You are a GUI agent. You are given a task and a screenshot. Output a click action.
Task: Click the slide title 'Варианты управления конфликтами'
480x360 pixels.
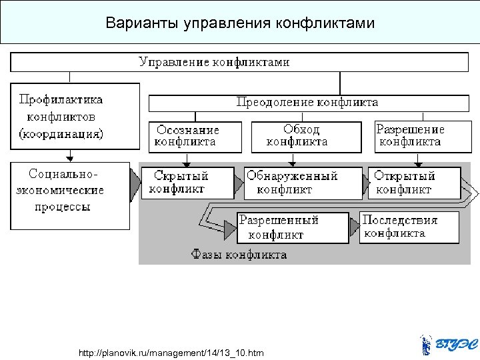[240, 23]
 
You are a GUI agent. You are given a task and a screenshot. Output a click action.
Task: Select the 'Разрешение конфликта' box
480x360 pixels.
[410, 135]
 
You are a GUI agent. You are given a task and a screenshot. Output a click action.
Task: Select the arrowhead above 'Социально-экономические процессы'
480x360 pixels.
[69, 157]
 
